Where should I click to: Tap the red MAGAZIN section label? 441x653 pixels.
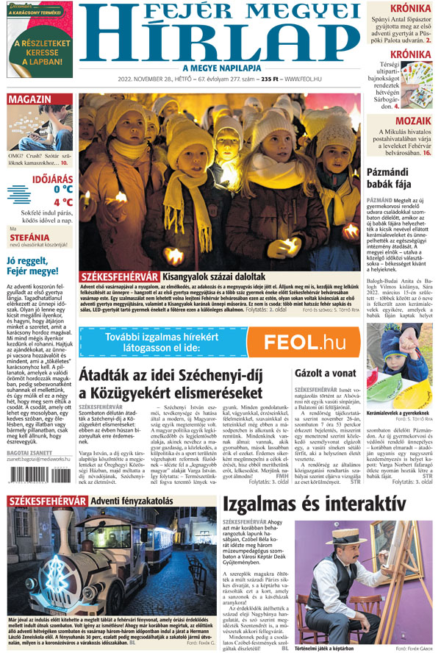click(30, 99)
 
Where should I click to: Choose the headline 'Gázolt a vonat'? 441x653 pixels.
click(323, 374)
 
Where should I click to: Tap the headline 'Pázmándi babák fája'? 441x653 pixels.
click(401, 179)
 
